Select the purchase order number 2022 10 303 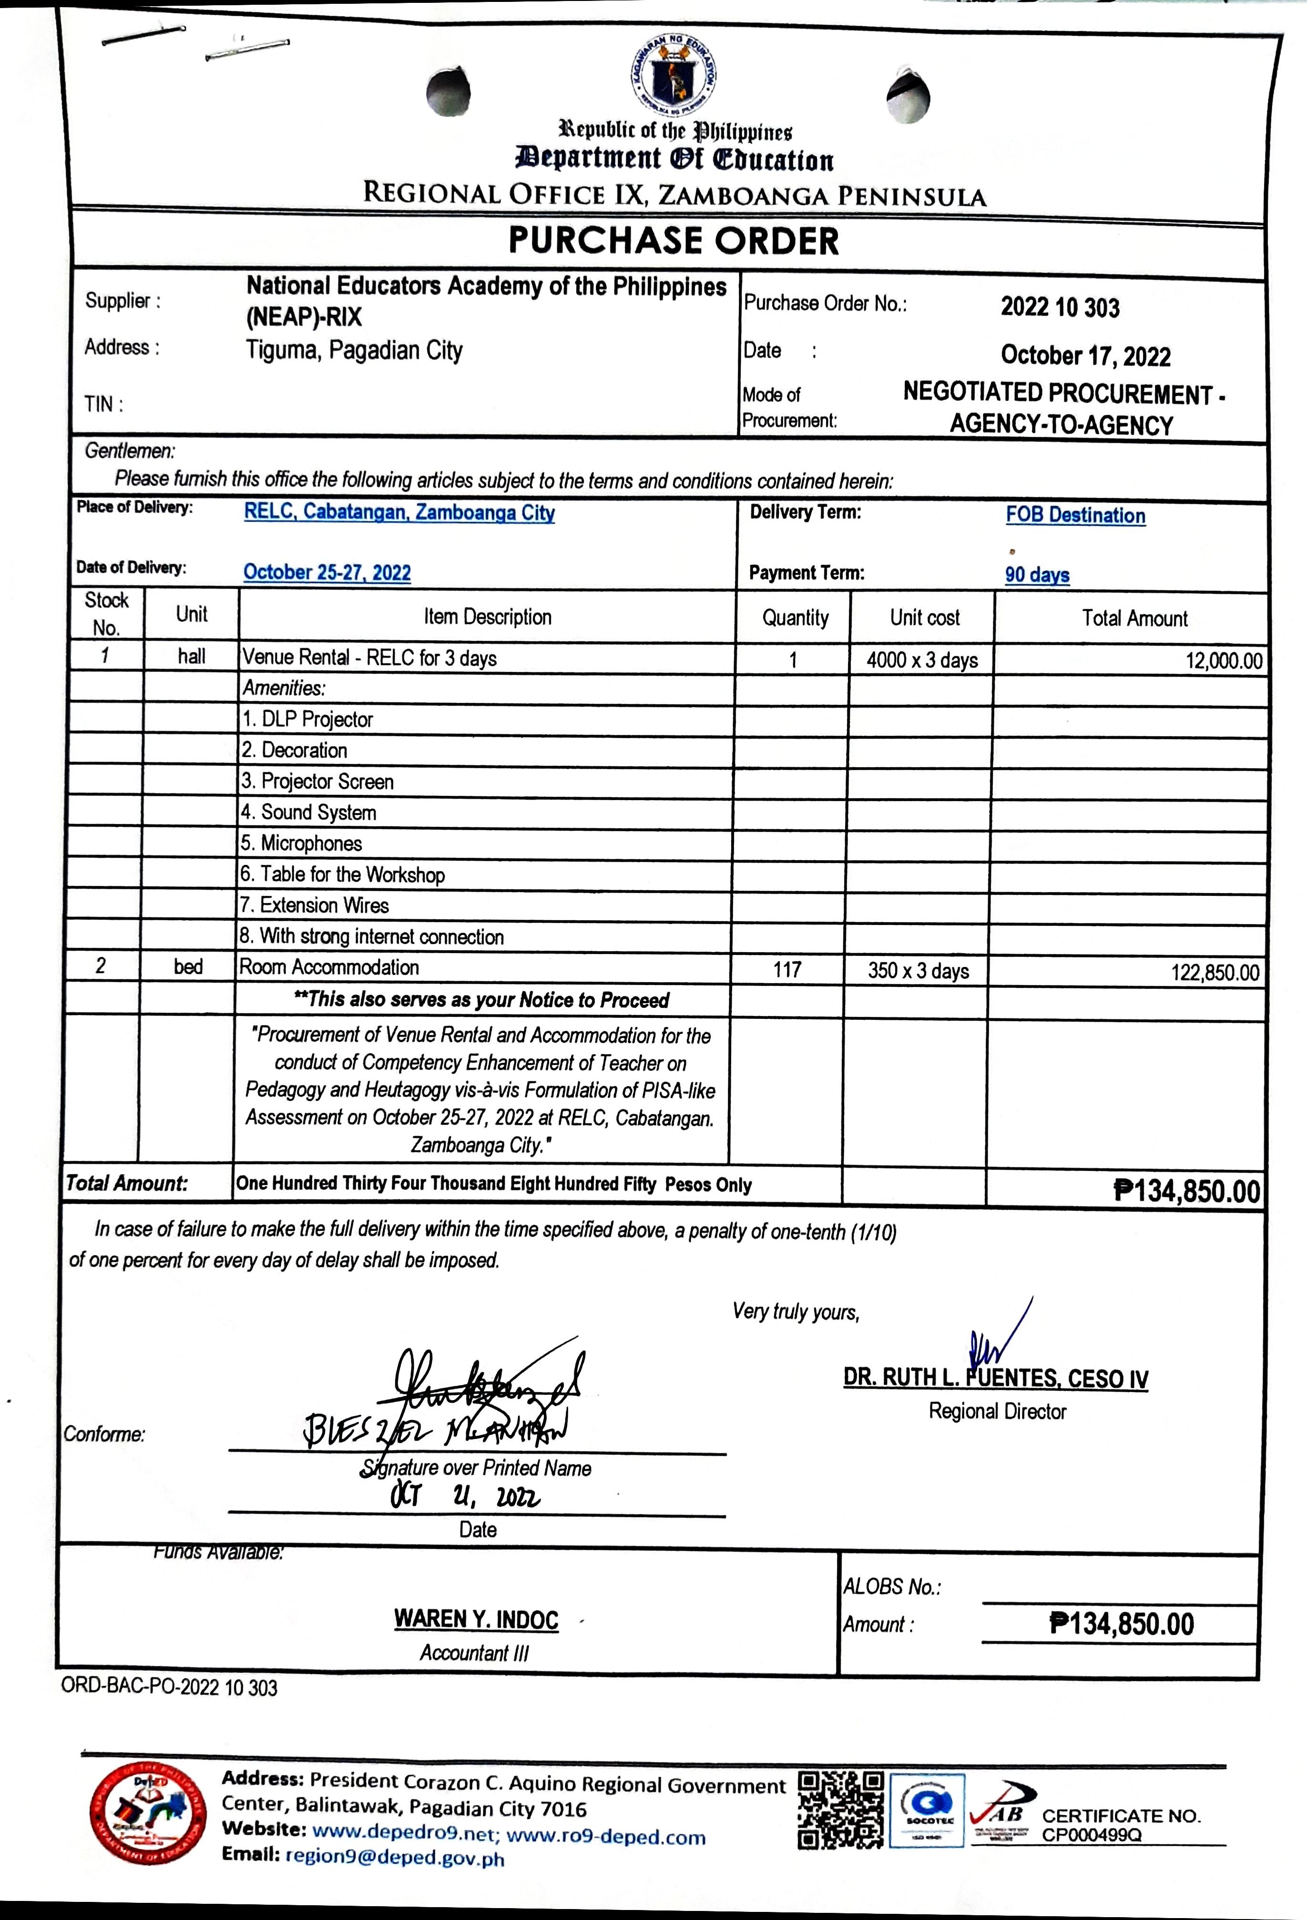click(1060, 307)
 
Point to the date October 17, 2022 click(1085, 356)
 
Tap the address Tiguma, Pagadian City click(355, 350)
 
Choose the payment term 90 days click(1037, 575)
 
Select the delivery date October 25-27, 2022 click(327, 572)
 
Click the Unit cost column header click(925, 618)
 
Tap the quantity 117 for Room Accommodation click(787, 970)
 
